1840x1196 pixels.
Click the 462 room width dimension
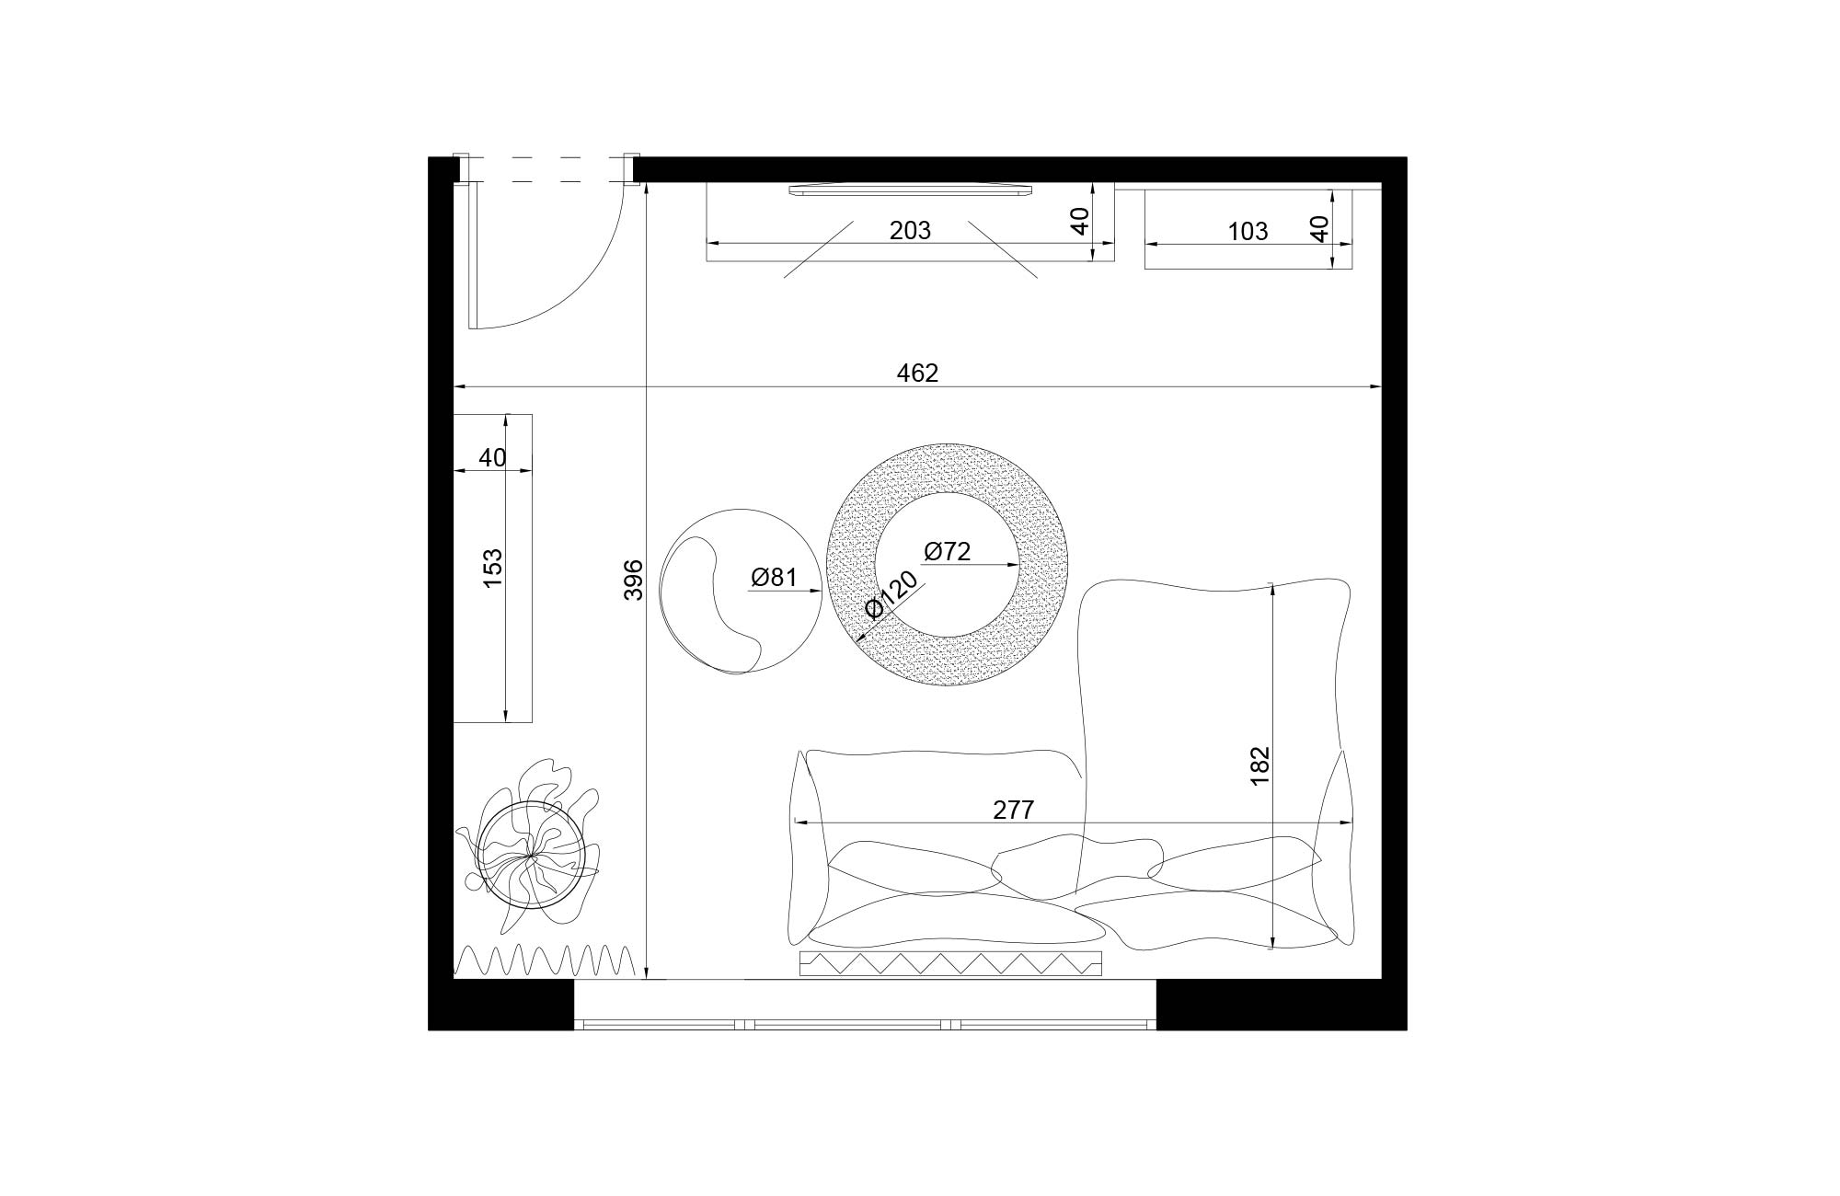[x=917, y=373]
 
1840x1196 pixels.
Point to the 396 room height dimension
[x=634, y=580]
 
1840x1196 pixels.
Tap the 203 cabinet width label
[x=910, y=230]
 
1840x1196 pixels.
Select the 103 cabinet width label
[x=1248, y=231]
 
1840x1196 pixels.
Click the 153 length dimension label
[x=493, y=569]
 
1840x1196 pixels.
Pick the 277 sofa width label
[x=1014, y=810]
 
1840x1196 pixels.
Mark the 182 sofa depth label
[x=1259, y=765]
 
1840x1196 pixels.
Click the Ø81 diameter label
[x=773, y=578]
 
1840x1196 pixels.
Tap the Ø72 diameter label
[x=948, y=551]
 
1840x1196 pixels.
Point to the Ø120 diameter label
[x=891, y=594]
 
